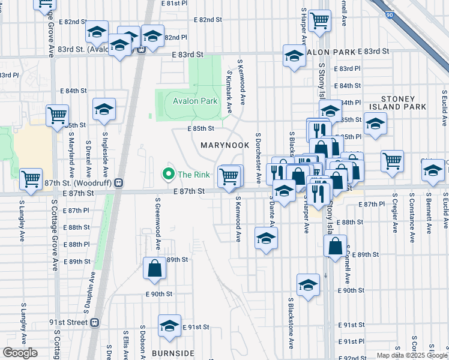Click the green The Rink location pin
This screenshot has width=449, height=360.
(x=169, y=175)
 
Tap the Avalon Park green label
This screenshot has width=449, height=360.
(x=195, y=101)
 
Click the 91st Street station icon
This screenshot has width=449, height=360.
(x=94, y=322)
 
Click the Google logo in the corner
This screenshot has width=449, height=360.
(x=20, y=352)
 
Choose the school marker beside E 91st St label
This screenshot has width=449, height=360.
(x=170, y=326)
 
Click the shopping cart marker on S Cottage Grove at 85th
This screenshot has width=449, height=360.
(x=58, y=115)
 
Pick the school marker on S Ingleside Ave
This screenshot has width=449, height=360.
(x=104, y=109)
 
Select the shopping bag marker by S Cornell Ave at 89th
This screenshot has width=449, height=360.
(x=335, y=245)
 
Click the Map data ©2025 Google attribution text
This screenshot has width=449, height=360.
(x=411, y=355)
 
